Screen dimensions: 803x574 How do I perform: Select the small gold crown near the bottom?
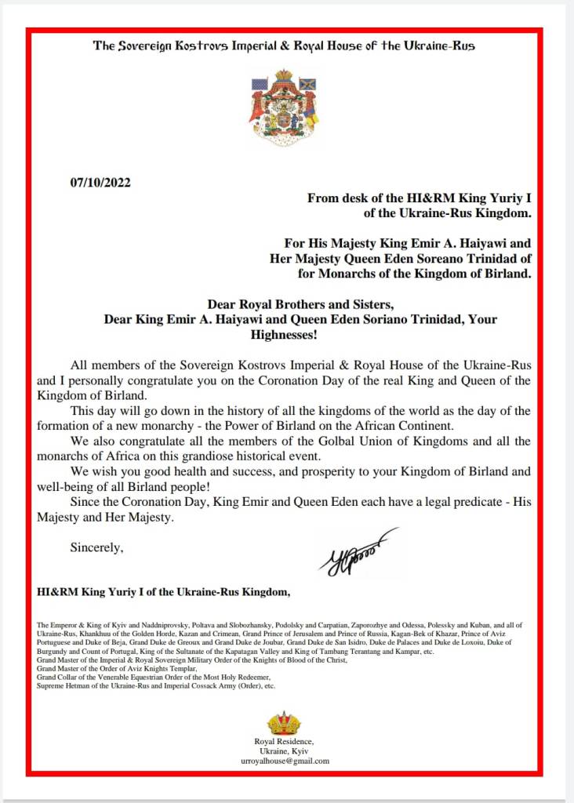pyautogui.click(x=283, y=722)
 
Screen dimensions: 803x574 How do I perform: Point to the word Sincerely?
pyautogui.click(x=97, y=547)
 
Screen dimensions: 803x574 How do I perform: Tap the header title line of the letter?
pyautogui.click(x=284, y=45)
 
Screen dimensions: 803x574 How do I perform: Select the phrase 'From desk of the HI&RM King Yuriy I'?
pyautogui.click(x=420, y=198)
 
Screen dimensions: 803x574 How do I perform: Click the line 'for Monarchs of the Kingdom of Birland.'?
pyautogui.click(x=415, y=274)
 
